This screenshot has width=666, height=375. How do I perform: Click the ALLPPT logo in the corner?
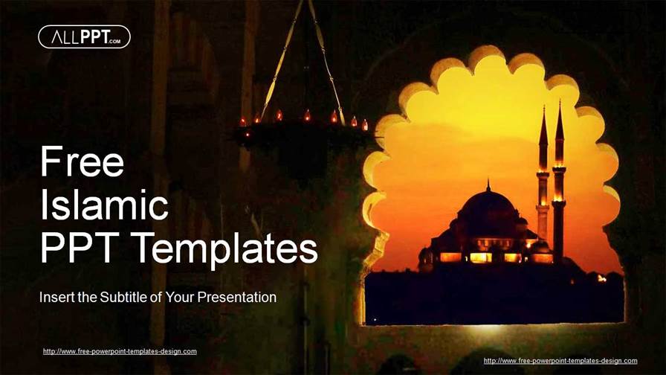(84, 36)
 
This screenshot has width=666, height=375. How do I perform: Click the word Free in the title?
(82, 161)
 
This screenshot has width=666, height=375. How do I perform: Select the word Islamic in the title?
(104, 205)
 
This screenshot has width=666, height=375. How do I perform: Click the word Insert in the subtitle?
(57, 298)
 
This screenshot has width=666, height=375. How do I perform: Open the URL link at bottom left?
(120, 351)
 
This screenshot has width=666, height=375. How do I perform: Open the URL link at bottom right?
(560, 361)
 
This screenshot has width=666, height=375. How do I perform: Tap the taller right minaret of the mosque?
(559, 186)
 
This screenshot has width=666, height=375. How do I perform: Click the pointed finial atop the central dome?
(488, 184)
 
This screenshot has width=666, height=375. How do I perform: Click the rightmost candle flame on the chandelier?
(365, 124)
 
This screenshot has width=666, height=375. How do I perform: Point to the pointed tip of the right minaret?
(559, 105)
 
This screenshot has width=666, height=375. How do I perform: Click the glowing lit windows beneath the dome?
(479, 257)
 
